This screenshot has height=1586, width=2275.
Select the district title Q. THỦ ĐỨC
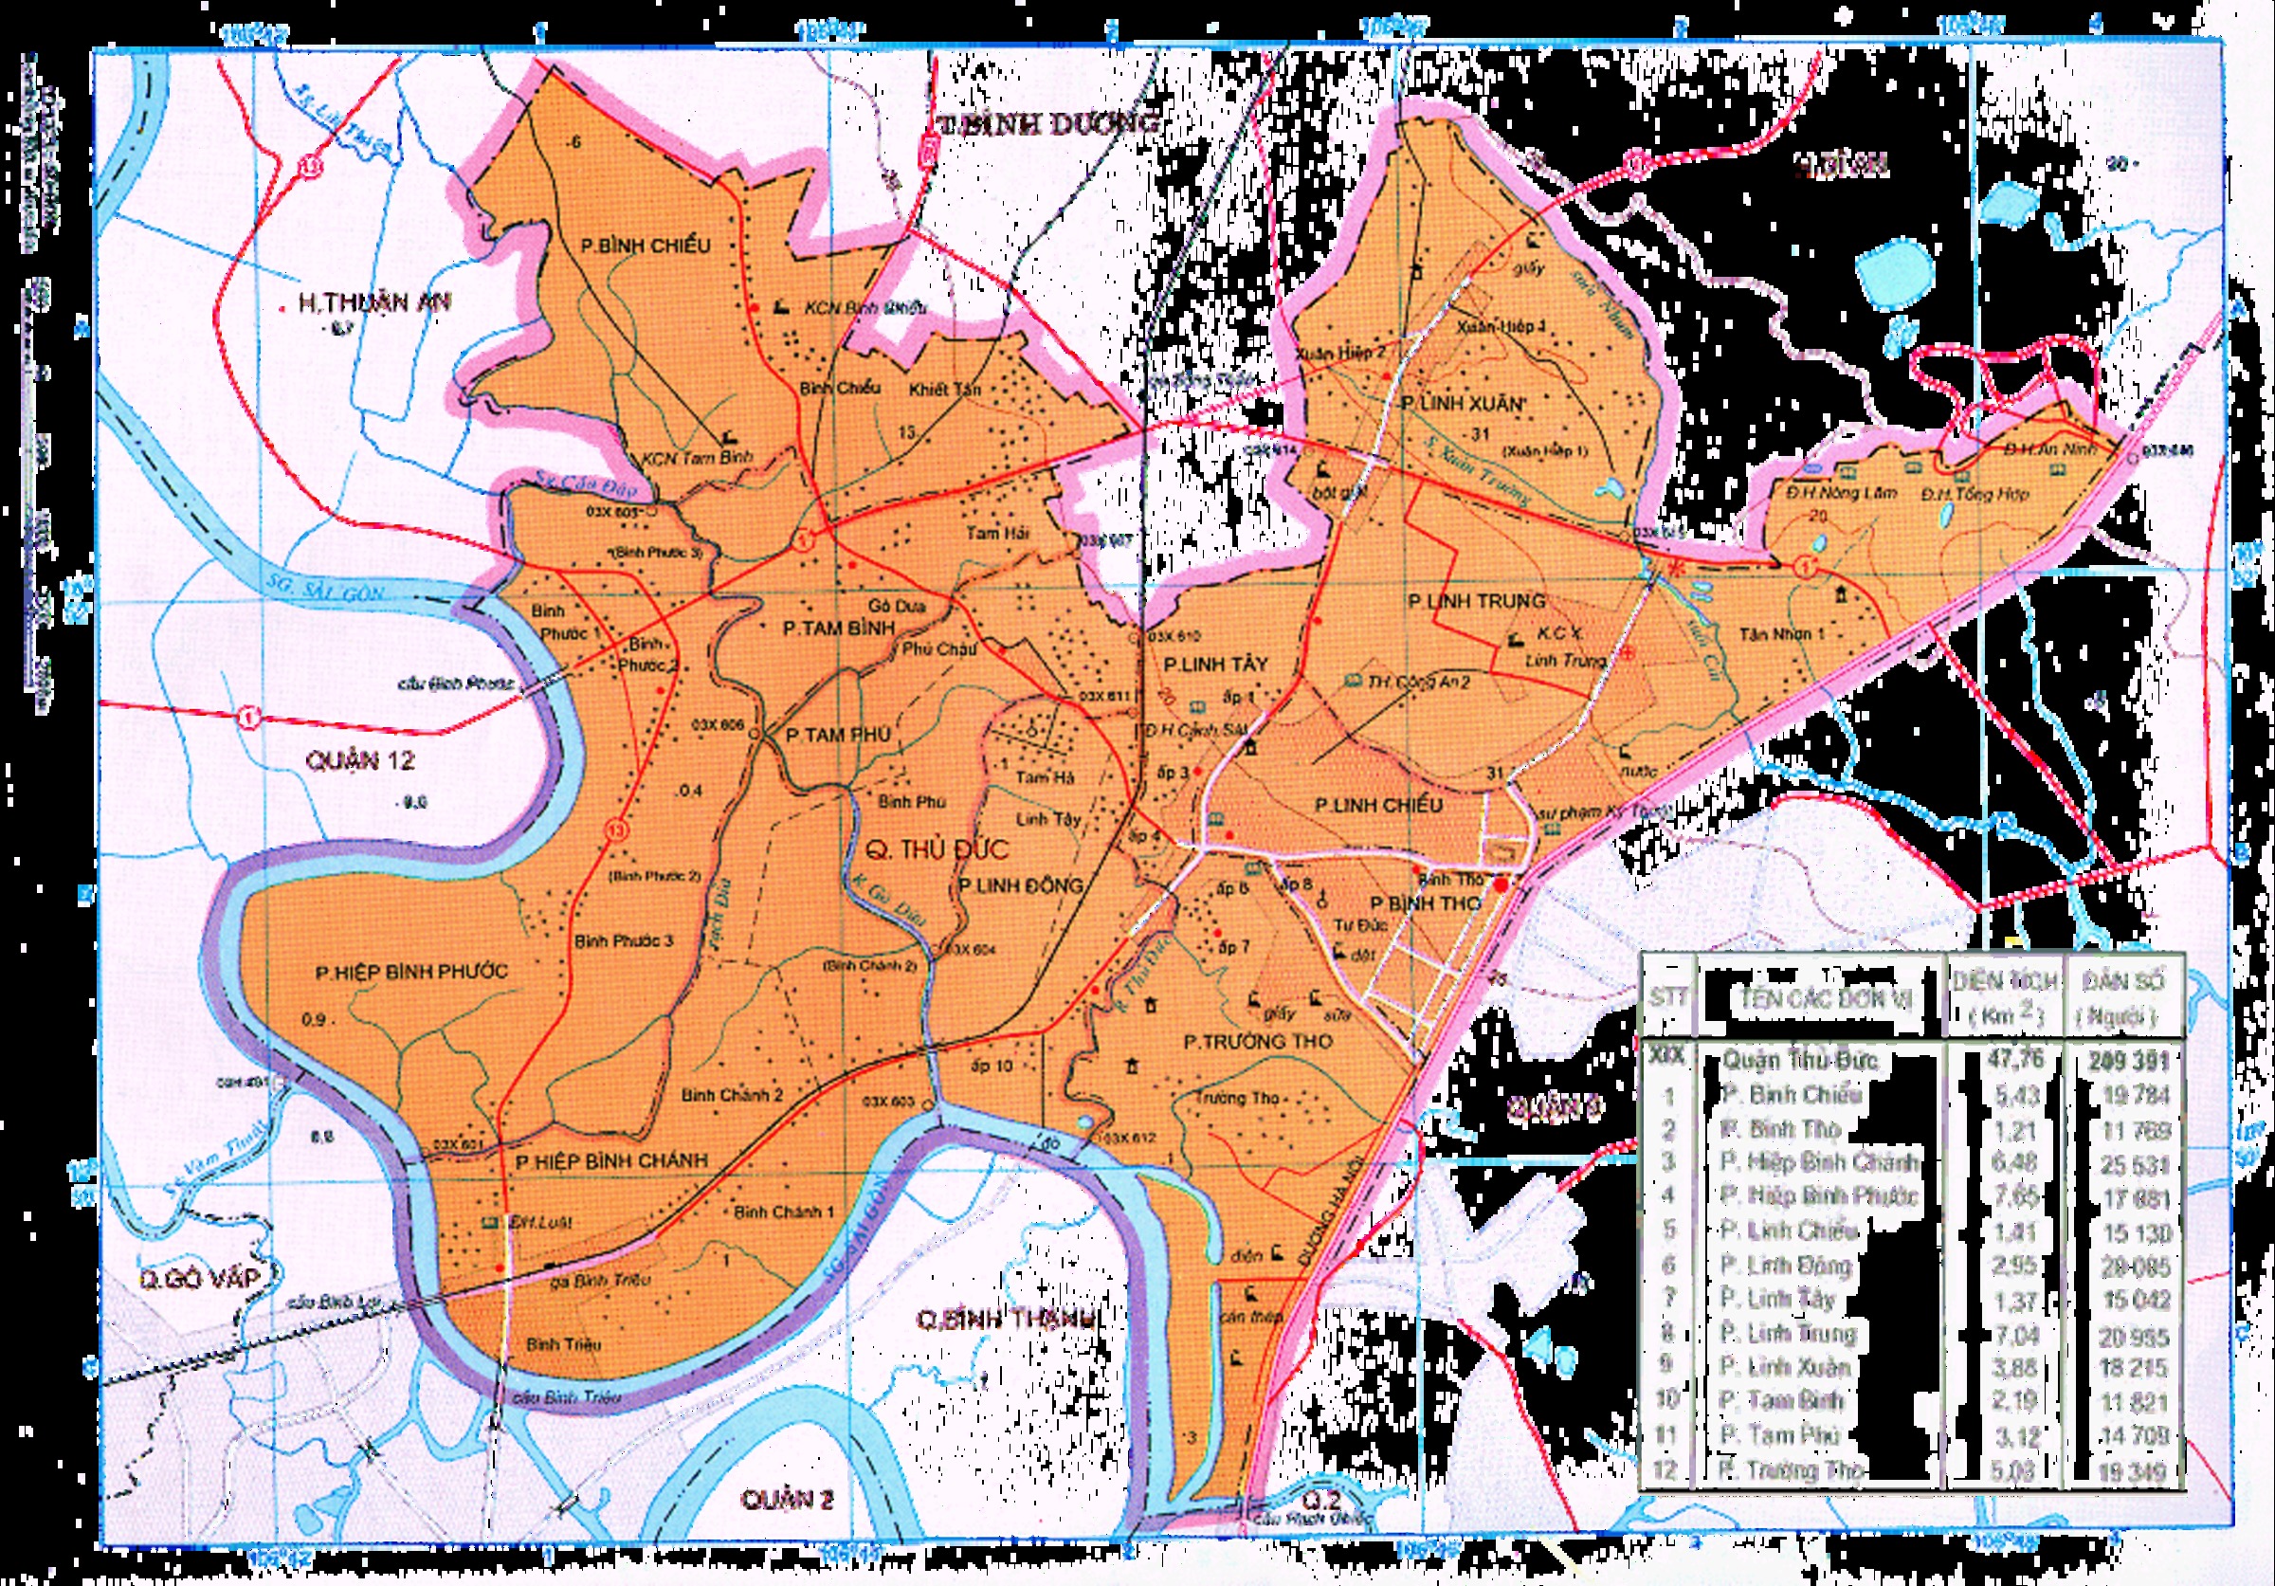click(937, 849)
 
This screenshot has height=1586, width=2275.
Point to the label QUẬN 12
click(359, 761)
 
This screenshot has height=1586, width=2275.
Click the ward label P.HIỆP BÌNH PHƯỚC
click(410, 973)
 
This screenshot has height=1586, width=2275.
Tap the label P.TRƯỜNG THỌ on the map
click(1257, 1041)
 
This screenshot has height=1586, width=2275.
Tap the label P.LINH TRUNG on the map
click(1475, 600)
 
